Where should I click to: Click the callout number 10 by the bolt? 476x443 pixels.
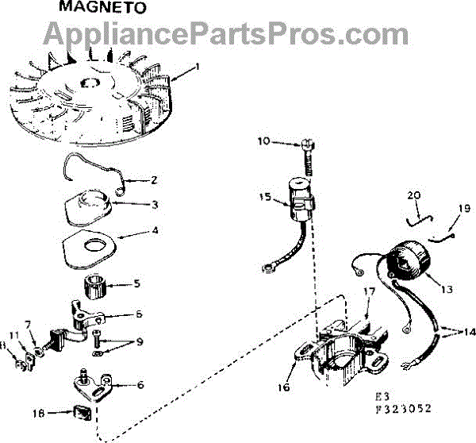(x=263, y=142)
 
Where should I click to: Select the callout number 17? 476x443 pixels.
(x=369, y=291)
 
